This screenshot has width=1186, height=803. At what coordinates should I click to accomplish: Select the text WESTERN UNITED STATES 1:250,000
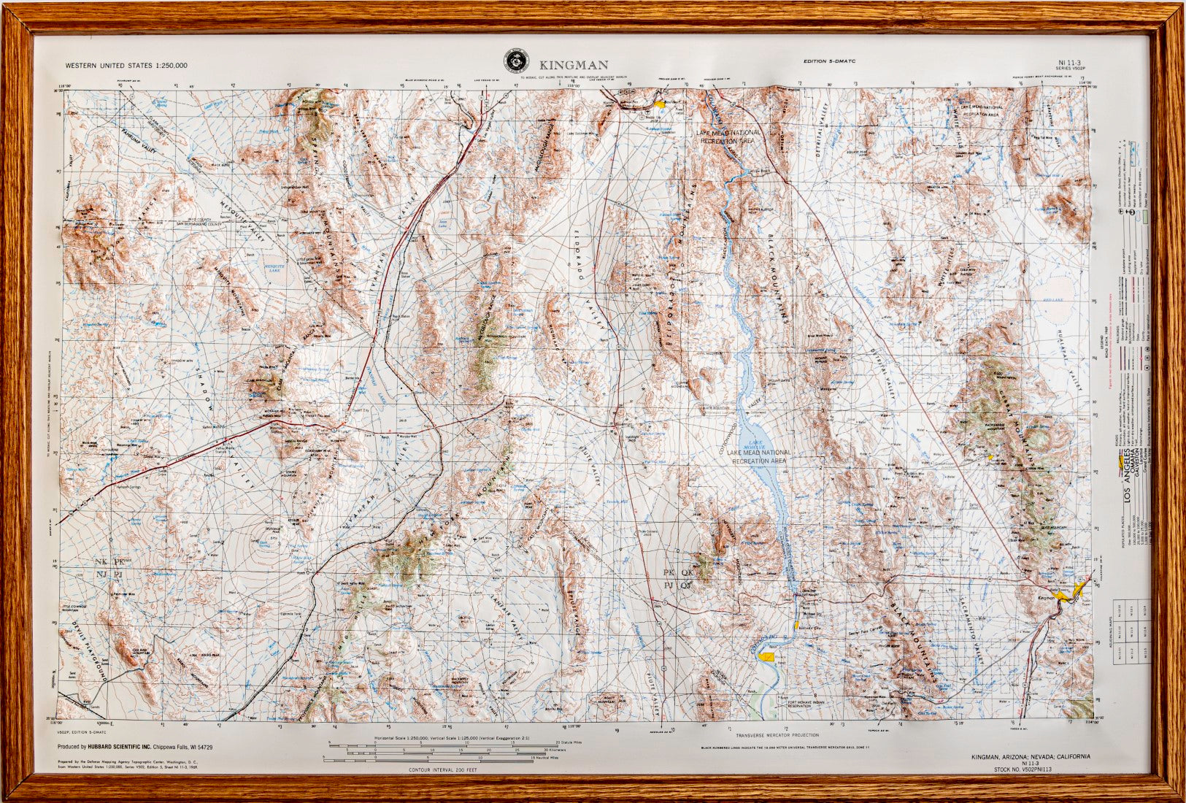pos(126,65)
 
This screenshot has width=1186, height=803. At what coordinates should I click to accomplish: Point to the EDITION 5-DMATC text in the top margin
pos(828,61)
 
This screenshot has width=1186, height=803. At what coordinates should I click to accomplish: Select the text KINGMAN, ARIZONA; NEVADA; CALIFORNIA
pos(1031,757)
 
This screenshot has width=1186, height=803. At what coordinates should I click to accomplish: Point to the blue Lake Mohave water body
pos(766,467)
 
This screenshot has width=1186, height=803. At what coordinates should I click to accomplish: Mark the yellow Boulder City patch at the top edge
pos(661,104)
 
